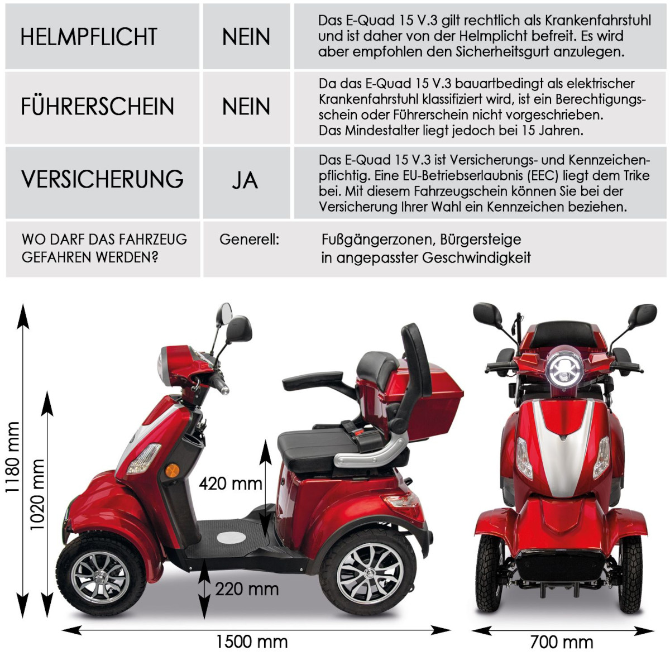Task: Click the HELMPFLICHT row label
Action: pos(89,37)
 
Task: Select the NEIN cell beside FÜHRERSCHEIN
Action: pos(246,106)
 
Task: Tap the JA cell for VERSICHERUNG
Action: pos(245,180)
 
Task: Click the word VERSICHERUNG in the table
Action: pos(102,179)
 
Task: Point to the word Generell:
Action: pos(249,240)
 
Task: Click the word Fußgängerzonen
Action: pos(377,240)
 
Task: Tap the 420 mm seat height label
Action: pos(230,483)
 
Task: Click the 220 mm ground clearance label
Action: pos(246,588)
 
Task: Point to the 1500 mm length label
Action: pos(251,642)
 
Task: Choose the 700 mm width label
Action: pos(561,642)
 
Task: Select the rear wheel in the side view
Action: pos(368,572)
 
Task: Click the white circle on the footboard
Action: pos(231,538)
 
